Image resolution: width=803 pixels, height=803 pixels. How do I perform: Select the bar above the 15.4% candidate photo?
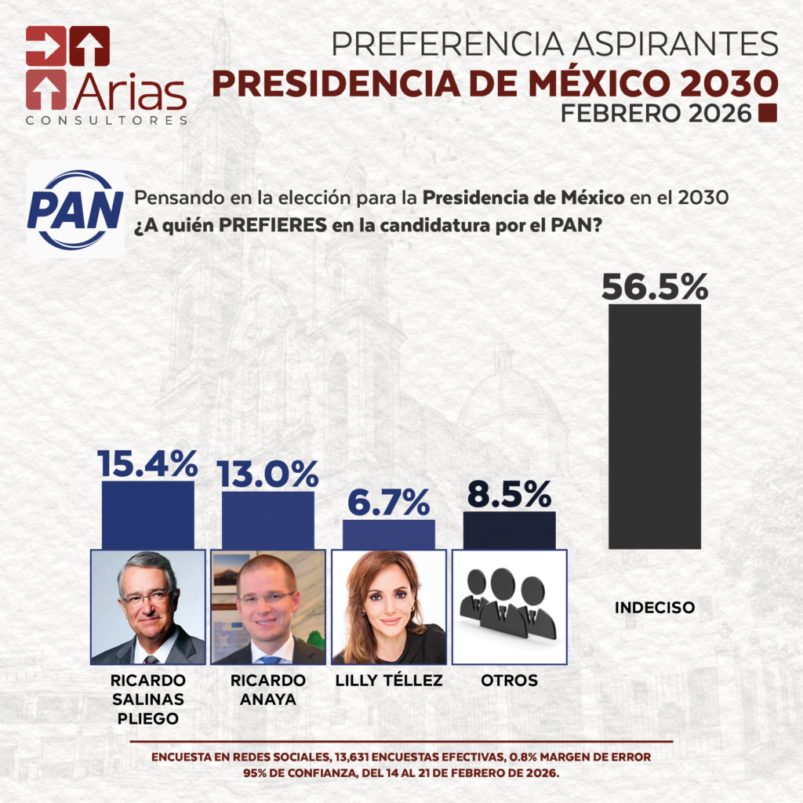(x=147, y=514)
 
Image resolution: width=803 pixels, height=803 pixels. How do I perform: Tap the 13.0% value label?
(x=267, y=474)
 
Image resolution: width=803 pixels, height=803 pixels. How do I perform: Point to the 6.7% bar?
(x=388, y=533)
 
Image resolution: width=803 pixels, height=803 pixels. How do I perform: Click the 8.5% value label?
(x=509, y=494)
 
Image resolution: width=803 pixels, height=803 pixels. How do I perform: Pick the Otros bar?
(x=509, y=529)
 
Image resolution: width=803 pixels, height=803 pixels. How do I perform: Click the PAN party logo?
(x=75, y=210)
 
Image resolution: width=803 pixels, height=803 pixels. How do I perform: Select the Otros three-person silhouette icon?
(x=509, y=605)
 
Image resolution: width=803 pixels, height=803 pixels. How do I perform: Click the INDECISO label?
(x=655, y=608)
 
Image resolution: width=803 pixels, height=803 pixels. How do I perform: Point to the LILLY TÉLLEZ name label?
(x=389, y=681)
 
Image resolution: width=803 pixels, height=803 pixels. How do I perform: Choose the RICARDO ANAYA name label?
(x=268, y=689)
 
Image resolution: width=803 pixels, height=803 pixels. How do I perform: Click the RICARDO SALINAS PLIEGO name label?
(x=148, y=699)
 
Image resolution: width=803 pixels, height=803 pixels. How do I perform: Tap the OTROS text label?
(x=509, y=681)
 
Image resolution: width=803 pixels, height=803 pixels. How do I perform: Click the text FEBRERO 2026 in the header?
(x=656, y=114)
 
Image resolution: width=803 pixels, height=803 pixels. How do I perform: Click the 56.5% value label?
(x=655, y=286)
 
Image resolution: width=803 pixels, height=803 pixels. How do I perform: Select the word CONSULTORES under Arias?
(x=107, y=121)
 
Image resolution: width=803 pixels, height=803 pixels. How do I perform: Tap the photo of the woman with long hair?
(x=389, y=606)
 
